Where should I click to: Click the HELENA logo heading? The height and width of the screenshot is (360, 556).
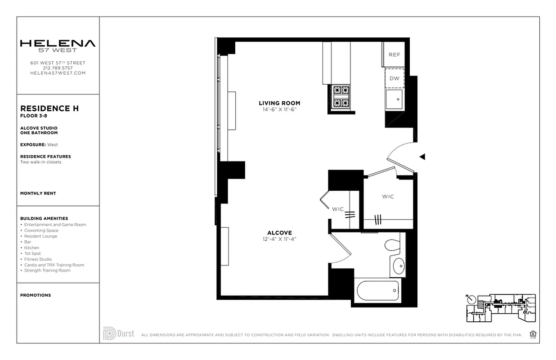point(58,44)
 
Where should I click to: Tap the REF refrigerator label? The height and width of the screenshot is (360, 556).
point(394,54)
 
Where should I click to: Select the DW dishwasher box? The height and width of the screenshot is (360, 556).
point(395,78)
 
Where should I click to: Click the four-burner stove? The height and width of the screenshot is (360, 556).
point(341,96)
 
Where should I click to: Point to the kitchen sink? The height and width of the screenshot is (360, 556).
point(395,99)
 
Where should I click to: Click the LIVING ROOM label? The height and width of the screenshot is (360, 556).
point(279,103)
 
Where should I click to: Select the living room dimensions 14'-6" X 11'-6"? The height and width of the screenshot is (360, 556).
point(279,109)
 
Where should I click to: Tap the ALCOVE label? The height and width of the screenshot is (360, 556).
point(279,233)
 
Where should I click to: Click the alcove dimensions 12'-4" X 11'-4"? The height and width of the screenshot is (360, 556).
point(279,239)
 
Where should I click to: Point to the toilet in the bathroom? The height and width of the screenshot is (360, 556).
point(393,245)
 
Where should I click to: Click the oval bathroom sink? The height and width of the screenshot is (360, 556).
point(398,266)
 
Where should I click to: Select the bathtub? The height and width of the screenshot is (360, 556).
point(378,292)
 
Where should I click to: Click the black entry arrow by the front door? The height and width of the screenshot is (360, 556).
point(422,157)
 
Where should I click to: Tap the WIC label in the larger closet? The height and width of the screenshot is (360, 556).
point(388,196)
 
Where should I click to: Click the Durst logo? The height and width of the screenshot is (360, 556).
point(118,333)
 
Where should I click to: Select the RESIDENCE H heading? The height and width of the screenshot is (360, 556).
point(49,108)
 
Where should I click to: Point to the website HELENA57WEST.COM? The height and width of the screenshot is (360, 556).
point(58,73)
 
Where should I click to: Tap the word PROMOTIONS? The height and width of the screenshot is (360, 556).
point(36,295)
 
